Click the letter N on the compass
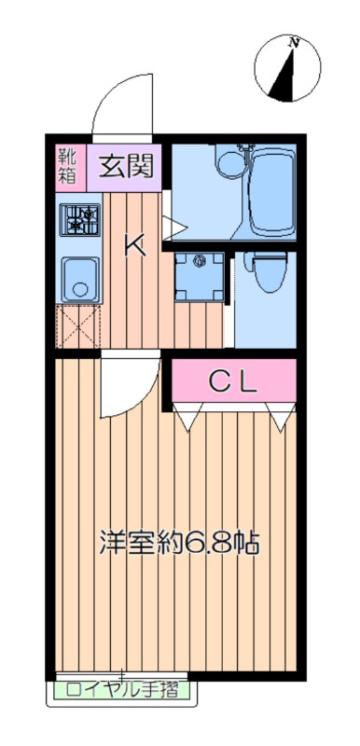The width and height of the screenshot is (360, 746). click(295, 43)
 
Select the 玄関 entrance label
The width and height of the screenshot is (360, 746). click(126, 167)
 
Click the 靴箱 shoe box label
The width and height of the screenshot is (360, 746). click(66, 166)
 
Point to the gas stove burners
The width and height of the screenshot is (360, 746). click(80, 220)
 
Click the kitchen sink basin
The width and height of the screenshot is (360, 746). click(80, 280)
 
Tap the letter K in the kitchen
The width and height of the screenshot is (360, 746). click(135, 245)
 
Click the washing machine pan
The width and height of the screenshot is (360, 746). click(200, 276)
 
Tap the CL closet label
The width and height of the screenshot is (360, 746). click(233, 381)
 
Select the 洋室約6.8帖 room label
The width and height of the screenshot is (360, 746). click(179, 543)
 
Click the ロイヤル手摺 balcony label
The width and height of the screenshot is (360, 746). click(122, 689)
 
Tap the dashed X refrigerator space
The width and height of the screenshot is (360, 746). click(78, 326)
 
